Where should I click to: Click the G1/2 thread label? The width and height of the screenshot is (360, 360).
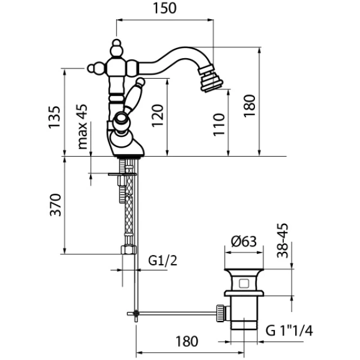[161, 260]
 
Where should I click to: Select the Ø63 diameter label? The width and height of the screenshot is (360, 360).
[243, 243]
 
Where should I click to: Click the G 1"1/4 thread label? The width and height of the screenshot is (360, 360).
[295, 330]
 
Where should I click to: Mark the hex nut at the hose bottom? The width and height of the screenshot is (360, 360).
[128, 250]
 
